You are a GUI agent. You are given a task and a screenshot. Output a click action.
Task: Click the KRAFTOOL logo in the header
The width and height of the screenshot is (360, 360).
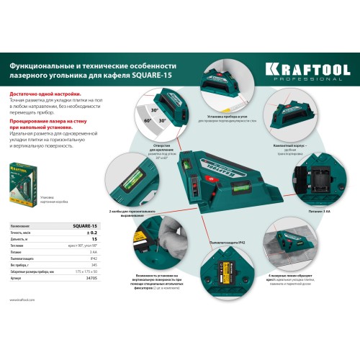pyautogui.click(x=307, y=69)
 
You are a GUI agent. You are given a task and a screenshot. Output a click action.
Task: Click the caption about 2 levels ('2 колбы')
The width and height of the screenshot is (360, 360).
pyautogui.click(x=132, y=211)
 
